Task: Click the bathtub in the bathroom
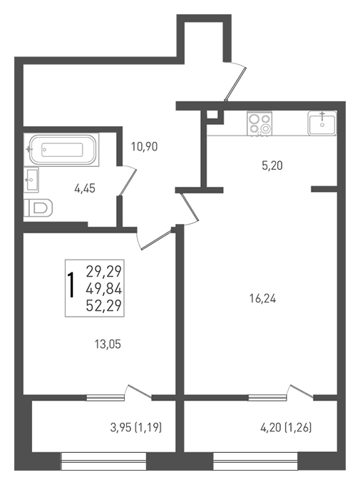point(62,150)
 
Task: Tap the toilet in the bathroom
point(38,208)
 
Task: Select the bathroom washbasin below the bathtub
point(31,180)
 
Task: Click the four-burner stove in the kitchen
point(259,123)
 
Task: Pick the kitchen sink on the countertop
point(322,123)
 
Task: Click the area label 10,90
point(145,146)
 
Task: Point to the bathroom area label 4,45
point(85,188)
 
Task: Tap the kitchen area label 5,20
point(272,166)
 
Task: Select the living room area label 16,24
point(262,299)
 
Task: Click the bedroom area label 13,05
point(108,344)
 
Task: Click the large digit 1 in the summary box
point(71,285)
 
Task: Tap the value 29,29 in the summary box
point(104,272)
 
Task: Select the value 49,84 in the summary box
point(104,289)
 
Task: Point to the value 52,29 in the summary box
point(104,306)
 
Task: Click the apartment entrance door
point(235,81)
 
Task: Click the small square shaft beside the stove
point(212,115)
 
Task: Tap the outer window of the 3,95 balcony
point(103,461)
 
